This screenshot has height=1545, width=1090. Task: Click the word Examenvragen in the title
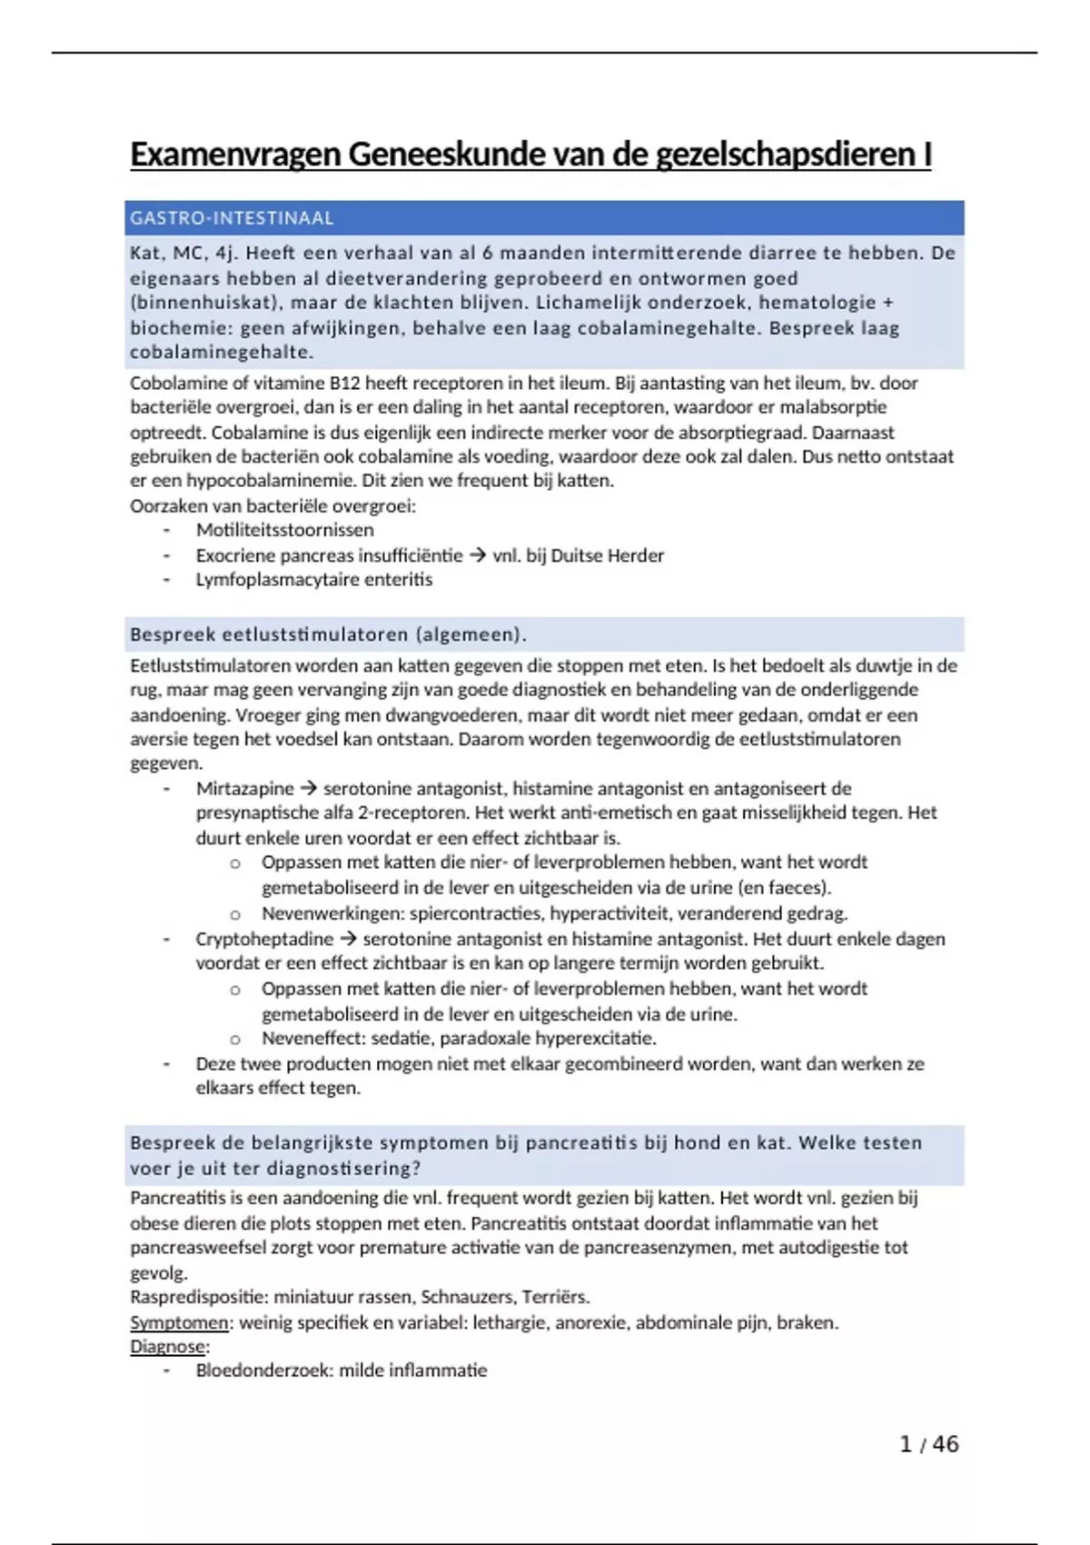pyautogui.click(x=235, y=155)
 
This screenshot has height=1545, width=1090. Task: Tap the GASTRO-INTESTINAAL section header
pyautogui.click(x=232, y=218)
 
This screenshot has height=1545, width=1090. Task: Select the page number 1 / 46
pyautogui.click(x=928, y=1444)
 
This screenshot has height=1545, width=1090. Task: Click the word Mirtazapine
pyautogui.click(x=245, y=789)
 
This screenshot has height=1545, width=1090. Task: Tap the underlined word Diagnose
pyautogui.click(x=168, y=1347)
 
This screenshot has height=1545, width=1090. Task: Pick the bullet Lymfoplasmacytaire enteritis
pyautogui.click(x=313, y=580)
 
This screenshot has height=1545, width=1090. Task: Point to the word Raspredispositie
pyautogui.click(x=196, y=1297)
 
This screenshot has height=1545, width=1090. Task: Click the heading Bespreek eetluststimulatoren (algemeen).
pyautogui.click(x=328, y=634)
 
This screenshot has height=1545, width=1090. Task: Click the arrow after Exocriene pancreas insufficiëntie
pyautogui.click(x=478, y=555)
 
